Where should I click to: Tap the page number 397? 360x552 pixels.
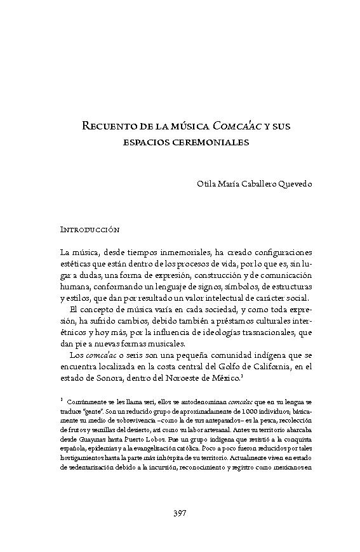(x=180, y=513)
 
